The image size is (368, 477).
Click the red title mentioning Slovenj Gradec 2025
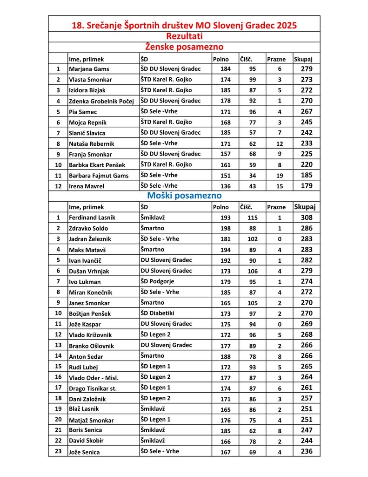(184, 25)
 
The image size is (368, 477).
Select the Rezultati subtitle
(184, 36)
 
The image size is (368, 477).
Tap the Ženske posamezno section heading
(184, 47)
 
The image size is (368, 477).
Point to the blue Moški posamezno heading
(184, 196)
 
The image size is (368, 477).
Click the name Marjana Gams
(89, 69)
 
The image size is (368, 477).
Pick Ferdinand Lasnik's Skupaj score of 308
(307, 218)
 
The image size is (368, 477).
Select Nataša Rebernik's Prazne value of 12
(280, 143)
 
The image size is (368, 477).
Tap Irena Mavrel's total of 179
(307, 186)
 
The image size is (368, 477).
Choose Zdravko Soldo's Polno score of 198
(225, 228)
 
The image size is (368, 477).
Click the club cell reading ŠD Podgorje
(160, 281)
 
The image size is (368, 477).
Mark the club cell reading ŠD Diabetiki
(161, 313)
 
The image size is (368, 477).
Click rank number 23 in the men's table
(58, 451)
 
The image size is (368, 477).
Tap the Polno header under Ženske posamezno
(221, 59)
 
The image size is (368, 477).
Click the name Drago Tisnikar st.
(93, 388)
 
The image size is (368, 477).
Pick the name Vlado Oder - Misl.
(93, 377)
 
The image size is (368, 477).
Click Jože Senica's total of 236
(307, 451)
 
